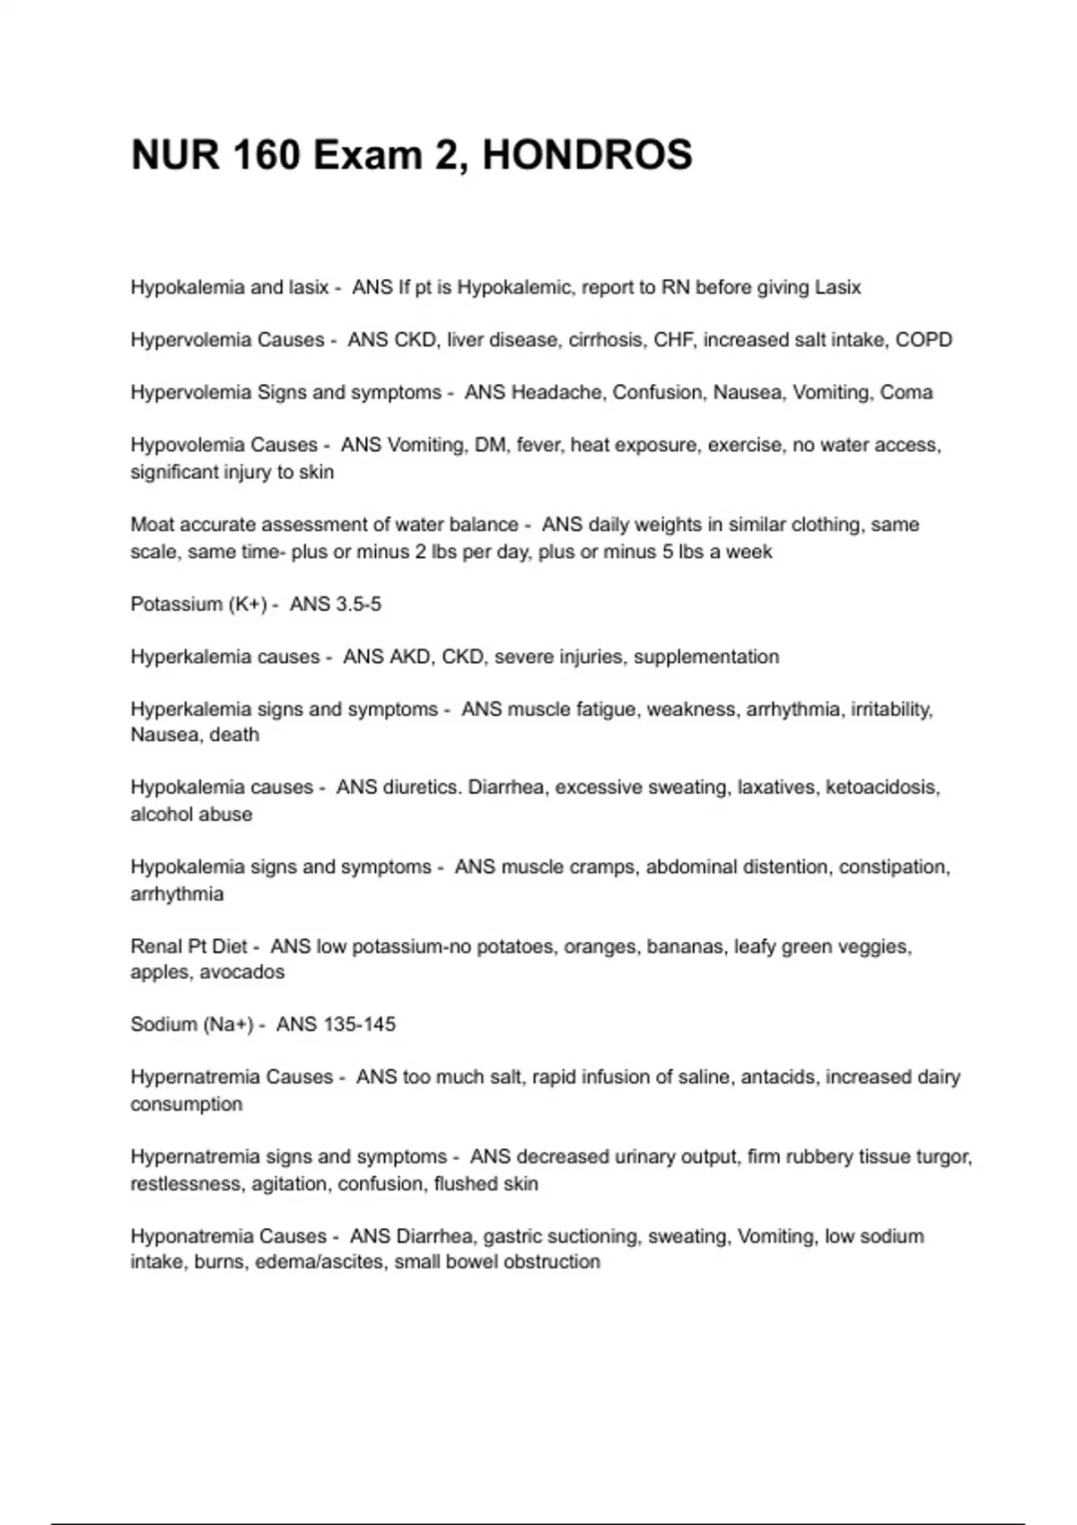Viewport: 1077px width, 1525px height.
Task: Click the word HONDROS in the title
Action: [587, 155]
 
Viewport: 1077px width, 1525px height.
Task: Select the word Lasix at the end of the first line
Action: [837, 288]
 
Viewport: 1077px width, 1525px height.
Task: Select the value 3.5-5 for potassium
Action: [358, 605]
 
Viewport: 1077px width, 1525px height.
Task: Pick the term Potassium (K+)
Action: [198, 605]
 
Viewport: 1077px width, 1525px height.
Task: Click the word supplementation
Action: [706, 657]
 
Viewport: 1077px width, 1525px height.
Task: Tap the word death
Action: [234, 735]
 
